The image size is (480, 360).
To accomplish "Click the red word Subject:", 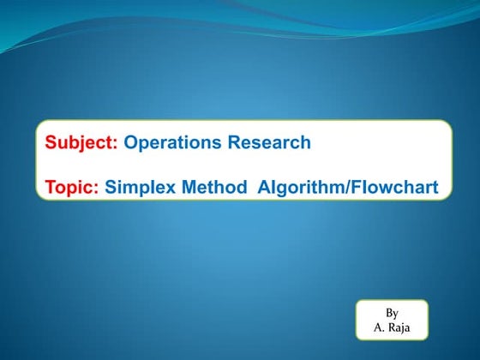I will (81, 143).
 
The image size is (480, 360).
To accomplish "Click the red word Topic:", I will (72, 186).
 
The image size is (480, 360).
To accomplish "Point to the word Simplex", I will (142, 186).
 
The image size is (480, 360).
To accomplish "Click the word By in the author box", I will (392, 313).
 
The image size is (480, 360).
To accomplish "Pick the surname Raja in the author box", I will (399, 327).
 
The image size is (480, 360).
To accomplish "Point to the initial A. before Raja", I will (380, 327).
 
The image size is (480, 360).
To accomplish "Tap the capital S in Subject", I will (51, 143).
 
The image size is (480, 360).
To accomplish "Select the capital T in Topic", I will (51, 186).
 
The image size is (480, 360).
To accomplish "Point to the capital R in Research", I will (234, 143).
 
